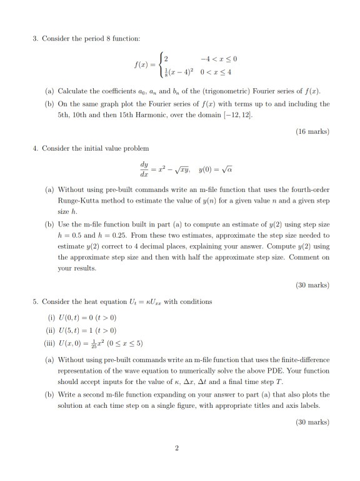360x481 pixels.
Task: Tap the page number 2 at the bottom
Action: tap(177, 447)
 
